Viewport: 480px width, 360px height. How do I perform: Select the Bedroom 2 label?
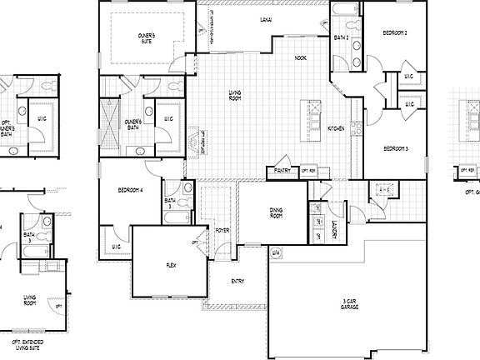pos(394,32)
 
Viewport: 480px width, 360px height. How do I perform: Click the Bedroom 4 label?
pos(131,190)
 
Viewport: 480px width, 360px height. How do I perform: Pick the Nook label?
pos(301,57)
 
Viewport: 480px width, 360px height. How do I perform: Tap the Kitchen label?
pos(336,128)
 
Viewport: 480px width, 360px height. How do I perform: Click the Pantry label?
pos(281,172)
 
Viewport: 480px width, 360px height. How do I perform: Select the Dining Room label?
pos(276,213)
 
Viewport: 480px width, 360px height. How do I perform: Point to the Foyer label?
pos(222,230)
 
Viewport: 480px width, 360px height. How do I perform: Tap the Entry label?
pos(237,281)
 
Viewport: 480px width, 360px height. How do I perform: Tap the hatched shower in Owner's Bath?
pos(109,119)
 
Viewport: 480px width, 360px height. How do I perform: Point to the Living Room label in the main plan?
pos(235,96)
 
